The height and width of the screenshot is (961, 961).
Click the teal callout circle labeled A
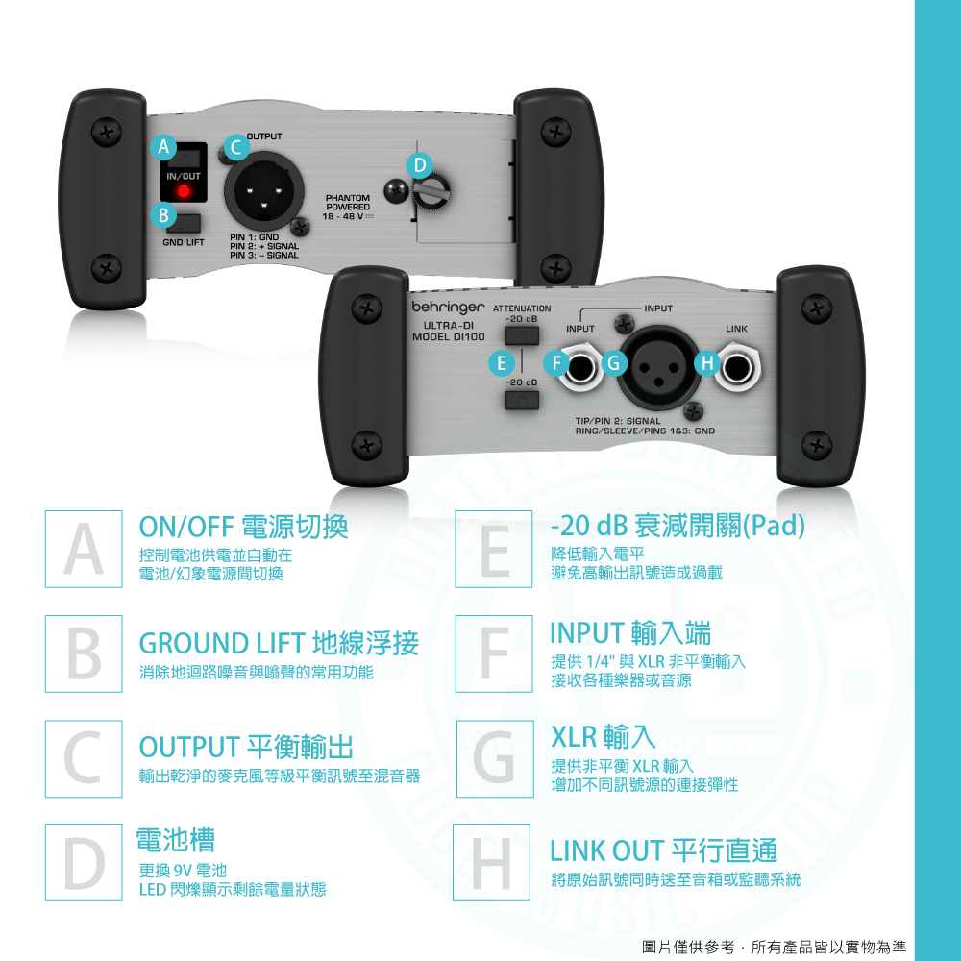pyautogui.click(x=164, y=147)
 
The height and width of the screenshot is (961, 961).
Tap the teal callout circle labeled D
pyautogui.click(x=418, y=164)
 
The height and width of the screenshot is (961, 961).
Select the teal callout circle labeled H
pyautogui.click(x=705, y=363)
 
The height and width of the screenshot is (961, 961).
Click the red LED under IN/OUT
pyautogui.click(x=182, y=192)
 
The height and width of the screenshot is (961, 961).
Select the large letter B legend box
pyautogui.click(x=84, y=653)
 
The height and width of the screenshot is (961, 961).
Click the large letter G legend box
pyautogui.click(x=494, y=759)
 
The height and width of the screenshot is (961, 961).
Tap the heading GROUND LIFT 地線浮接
pyautogui.click(x=279, y=643)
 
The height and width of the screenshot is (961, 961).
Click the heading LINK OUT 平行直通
pyautogui.click(x=663, y=850)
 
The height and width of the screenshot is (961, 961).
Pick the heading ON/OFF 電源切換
pyautogui.click(x=244, y=526)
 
